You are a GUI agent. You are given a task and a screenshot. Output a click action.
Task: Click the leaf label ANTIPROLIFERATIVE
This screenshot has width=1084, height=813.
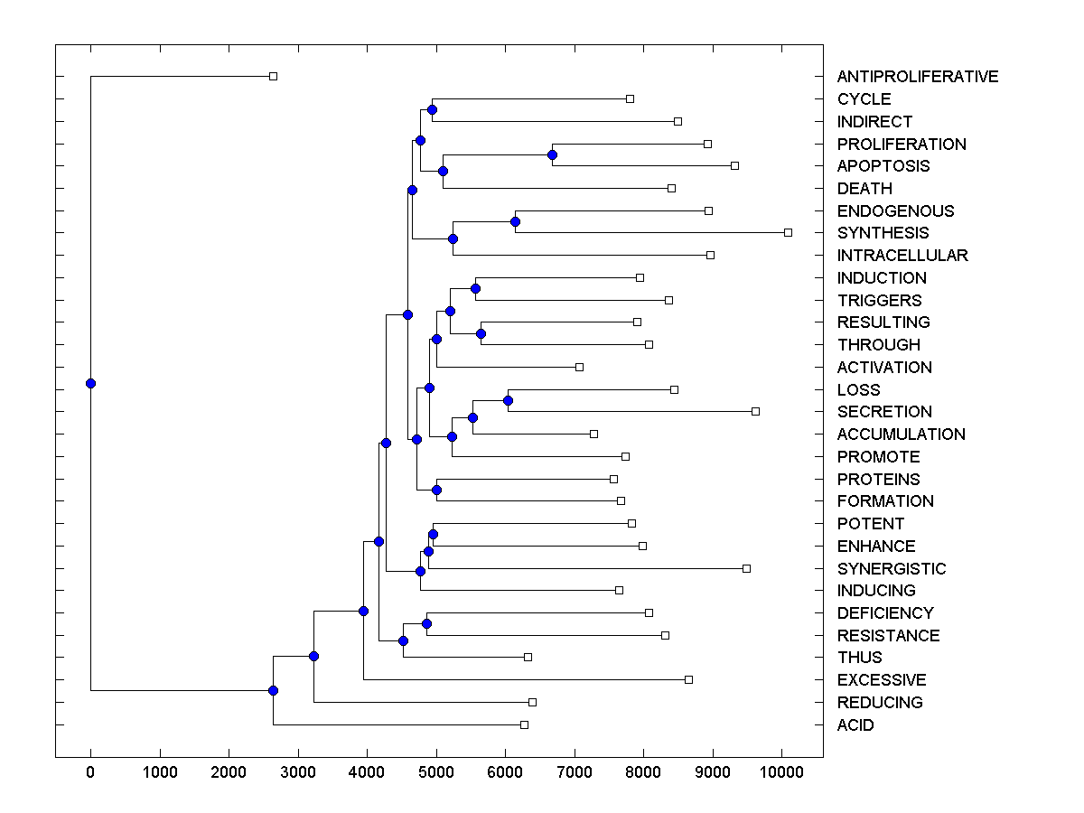(x=918, y=77)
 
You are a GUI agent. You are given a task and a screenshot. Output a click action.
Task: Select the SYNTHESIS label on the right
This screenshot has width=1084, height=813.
(x=883, y=233)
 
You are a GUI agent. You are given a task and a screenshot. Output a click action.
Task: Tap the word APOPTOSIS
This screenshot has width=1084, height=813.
(x=883, y=166)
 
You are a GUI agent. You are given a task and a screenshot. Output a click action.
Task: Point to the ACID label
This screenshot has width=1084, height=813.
(x=855, y=725)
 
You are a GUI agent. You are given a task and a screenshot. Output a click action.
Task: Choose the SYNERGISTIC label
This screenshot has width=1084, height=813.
(x=892, y=569)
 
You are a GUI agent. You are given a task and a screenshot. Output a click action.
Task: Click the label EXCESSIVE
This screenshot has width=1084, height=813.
(x=882, y=680)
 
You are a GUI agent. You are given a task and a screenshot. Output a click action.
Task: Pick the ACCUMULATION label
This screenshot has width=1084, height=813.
(x=901, y=435)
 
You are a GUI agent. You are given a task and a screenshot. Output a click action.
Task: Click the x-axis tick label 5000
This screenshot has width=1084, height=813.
(x=436, y=772)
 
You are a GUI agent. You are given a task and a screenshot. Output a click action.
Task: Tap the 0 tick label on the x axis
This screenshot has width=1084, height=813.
(x=90, y=772)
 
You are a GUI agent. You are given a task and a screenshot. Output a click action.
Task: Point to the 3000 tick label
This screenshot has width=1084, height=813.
(x=298, y=772)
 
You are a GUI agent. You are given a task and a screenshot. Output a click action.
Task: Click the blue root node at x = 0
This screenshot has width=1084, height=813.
(x=90, y=383)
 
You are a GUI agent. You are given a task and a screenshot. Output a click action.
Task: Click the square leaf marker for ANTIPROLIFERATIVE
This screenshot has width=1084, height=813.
(x=274, y=77)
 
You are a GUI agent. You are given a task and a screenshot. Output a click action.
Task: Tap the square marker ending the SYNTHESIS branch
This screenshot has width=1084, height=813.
(x=788, y=233)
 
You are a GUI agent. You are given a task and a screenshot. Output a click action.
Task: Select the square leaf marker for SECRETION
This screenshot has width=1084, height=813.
(x=755, y=412)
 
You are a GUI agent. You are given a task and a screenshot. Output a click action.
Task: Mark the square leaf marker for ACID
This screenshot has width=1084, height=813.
(x=524, y=725)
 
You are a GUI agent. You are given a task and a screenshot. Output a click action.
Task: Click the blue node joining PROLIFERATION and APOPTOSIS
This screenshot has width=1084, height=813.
(x=552, y=155)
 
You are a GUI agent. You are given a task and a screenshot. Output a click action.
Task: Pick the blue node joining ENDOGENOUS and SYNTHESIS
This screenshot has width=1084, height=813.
(x=515, y=221)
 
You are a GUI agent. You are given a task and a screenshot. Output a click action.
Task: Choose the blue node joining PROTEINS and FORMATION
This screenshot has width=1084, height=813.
(x=436, y=490)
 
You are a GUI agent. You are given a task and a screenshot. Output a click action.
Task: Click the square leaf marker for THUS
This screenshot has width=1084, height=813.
(x=528, y=657)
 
